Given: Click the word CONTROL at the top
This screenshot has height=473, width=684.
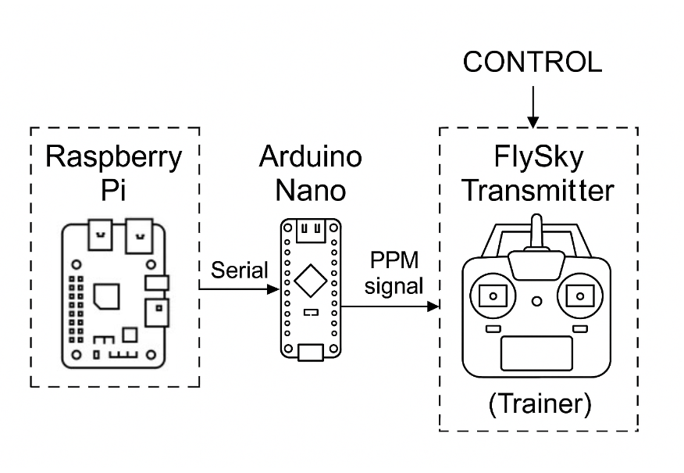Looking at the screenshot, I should (x=533, y=63).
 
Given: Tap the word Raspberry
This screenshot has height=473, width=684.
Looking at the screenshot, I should (x=114, y=157).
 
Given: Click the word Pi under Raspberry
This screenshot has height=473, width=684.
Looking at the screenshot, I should (x=114, y=191).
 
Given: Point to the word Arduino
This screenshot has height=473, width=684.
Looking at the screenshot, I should (x=311, y=157).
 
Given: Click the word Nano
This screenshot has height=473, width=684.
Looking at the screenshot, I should (x=311, y=191).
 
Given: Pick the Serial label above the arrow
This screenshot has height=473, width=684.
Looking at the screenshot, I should (x=240, y=271).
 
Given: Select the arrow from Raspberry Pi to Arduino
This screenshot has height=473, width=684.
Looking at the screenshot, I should (x=239, y=289).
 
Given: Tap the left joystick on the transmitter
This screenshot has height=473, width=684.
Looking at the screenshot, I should (x=493, y=296).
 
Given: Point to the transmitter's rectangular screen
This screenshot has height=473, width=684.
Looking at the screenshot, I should (x=536, y=353).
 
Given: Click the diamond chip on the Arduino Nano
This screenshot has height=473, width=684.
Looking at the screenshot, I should (x=311, y=279).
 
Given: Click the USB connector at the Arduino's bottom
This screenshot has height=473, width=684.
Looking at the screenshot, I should (x=311, y=352).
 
